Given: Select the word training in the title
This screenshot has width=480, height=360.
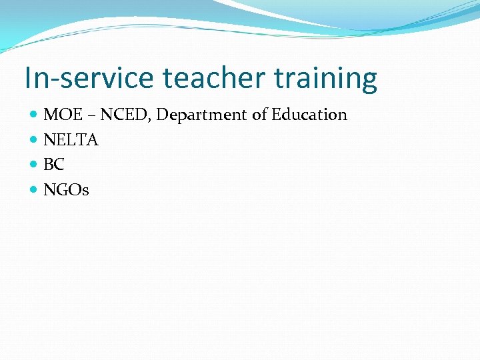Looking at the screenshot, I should tap(325, 79).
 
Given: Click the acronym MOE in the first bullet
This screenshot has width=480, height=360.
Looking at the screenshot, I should tap(62, 115).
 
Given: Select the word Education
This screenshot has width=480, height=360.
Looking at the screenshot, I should tap(309, 115).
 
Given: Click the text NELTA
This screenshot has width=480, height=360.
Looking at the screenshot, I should tap(71, 140).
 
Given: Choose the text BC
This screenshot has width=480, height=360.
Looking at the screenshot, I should tap(54, 165).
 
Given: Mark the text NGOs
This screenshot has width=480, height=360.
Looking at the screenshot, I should tap(66, 190).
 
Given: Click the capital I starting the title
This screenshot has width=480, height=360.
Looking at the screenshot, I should tap(27, 78).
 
